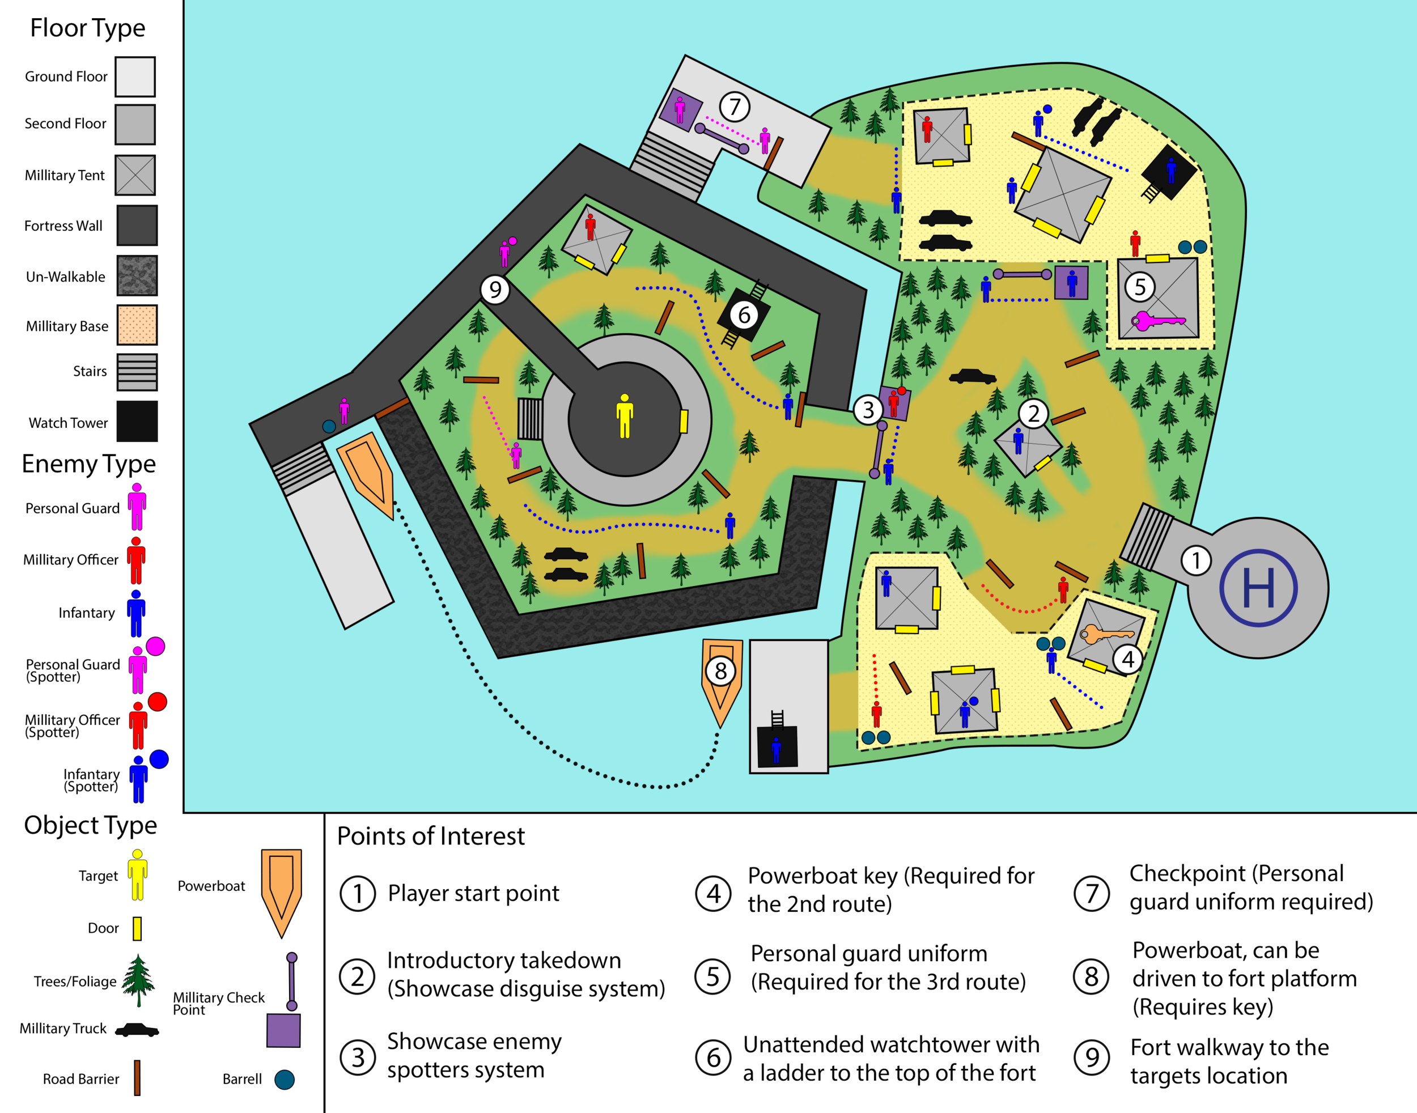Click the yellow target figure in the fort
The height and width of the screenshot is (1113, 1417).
625,417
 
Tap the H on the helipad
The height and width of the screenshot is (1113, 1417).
1258,588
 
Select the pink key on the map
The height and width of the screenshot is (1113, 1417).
1157,321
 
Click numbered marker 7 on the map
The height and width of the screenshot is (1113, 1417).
735,106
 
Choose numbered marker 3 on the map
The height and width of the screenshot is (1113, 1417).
868,410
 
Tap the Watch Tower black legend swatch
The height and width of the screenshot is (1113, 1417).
137,422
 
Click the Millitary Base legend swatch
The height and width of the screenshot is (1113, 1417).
137,325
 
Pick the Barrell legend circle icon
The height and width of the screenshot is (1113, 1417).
284,1080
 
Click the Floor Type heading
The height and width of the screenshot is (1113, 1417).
88,28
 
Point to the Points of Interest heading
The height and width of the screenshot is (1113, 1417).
430,836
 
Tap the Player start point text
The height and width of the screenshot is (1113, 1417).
473,893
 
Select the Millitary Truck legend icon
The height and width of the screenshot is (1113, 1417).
137,1030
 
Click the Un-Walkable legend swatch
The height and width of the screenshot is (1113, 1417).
137,275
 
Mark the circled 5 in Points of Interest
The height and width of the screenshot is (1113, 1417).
713,976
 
